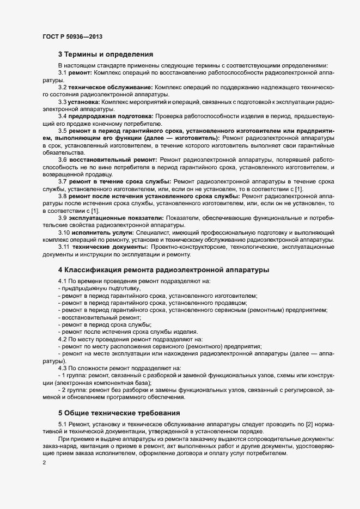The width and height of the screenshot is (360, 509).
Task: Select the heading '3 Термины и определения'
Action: click(106, 54)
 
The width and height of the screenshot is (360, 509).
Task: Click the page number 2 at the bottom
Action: click(44, 463)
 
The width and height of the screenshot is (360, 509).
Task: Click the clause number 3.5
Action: click(63, 131)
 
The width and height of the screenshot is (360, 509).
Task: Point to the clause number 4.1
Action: click(63, 281)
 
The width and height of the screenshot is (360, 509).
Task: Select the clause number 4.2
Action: click(63, 339)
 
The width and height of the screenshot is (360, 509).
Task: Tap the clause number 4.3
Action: click(63, 368)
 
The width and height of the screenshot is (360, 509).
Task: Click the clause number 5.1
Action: click(63, 424)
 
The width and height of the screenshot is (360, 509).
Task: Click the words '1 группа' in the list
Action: click(76, 376)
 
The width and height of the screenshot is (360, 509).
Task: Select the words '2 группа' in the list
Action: click(76, 390)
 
